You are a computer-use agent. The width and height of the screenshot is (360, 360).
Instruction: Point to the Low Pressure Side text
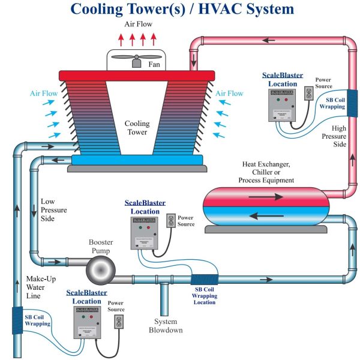click(x=53, y=210)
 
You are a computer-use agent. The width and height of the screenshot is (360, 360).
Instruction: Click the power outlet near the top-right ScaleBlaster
click(x=309, y=94)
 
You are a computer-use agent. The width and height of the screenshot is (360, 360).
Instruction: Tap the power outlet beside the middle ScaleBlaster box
click(x=170, y=220)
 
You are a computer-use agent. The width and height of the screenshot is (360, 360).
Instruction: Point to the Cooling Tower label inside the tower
click(x=137, y=128)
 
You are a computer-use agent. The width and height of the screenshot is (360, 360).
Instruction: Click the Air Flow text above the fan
click(x=138, y=25)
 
